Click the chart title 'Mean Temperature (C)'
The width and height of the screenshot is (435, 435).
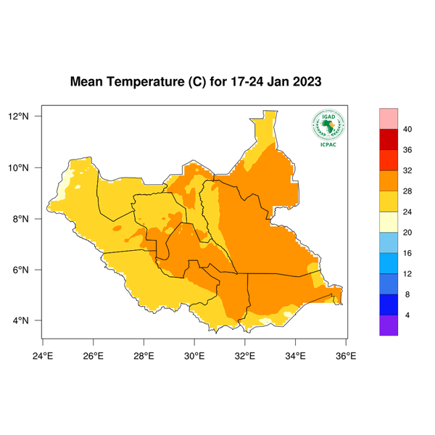click(x=138, y=83)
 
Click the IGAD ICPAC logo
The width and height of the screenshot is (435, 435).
click(x=327, y=128)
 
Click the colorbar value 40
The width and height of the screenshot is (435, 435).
click(x=407, y=129)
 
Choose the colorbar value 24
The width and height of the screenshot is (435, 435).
click(x=407, y=212)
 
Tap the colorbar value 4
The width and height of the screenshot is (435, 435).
click(x=407, y=315)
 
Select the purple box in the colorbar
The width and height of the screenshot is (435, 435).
click(x=389, y=326)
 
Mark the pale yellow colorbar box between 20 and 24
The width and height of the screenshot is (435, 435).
click(x=389, y=222)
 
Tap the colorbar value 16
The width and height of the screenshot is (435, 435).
click(x=407, y=253)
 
